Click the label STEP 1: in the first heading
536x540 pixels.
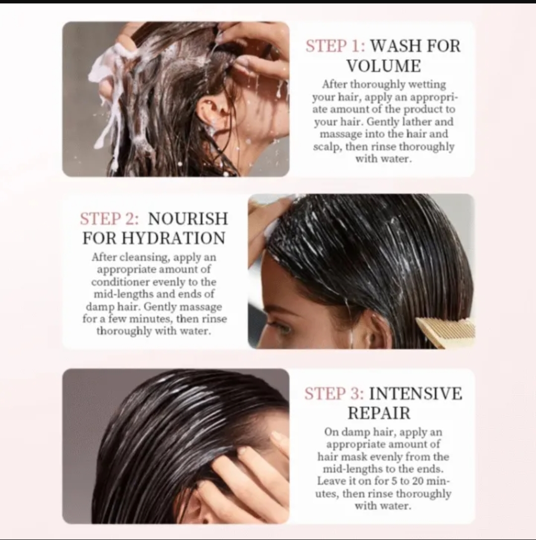(x=335, y=46)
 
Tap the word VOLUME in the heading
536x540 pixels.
(x=384, y=66)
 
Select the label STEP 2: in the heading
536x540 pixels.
(x=110, y=219)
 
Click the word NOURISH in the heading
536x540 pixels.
(x=188, y=219)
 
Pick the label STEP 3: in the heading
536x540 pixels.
(x=334, y=394)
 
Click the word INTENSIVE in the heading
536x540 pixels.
(x=415, y=394)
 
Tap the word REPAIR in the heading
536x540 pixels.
(x=379, y=413)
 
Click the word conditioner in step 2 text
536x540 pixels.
(x=120, y=282)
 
